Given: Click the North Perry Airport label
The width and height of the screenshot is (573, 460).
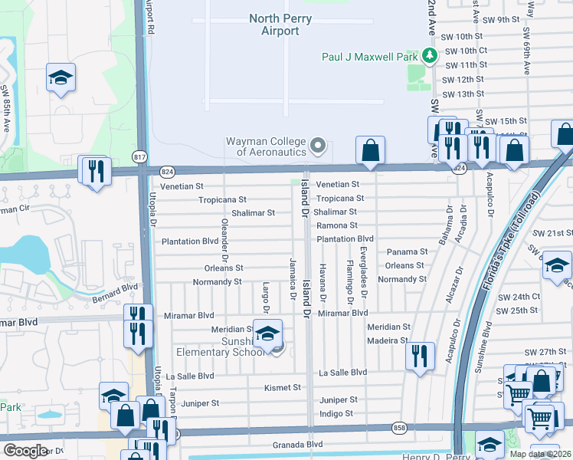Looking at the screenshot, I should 274,25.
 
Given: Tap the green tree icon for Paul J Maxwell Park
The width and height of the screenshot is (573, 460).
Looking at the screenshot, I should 430,55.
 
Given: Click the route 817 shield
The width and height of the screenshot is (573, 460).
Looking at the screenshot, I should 139,156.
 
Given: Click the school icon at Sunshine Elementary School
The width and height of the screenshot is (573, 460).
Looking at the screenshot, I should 268,333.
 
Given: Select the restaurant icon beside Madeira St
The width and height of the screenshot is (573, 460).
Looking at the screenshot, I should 419,355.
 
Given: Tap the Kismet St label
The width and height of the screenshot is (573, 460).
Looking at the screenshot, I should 282,387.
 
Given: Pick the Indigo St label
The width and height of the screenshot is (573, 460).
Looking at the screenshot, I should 337,413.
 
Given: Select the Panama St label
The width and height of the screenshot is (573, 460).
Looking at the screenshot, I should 407,251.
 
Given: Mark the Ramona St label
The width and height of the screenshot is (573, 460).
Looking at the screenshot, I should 337,225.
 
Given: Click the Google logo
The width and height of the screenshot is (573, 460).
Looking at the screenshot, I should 25,450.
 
